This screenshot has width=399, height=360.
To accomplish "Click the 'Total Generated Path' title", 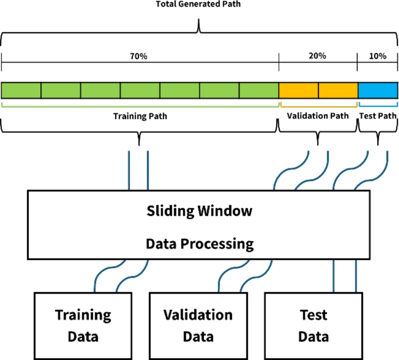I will [x=199, y=4].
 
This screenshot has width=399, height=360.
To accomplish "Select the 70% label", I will [x=139, y=56].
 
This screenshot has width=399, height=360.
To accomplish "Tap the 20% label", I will [x=318, y=56].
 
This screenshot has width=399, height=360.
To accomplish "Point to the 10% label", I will [x=378, y=56].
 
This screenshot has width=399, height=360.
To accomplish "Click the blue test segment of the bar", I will [x=378, y=90].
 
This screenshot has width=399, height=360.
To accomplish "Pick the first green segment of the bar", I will [x=21, y=90].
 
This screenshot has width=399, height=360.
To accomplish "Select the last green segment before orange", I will [x=259, y=90].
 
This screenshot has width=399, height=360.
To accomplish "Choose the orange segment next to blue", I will [x=338, y=90].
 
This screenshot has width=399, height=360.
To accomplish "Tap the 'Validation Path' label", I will [x=318, y=116].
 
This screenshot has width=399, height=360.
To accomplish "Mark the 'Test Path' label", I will [x=378, y=116].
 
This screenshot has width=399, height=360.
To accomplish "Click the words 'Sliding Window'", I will [x=199, y=211].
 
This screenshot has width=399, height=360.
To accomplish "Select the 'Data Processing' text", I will [x=199, y=244].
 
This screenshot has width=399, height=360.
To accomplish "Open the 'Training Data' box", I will [x=83, y=325].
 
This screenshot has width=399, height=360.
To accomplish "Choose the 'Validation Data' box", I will [x=198, y=325].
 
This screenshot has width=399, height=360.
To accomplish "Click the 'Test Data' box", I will [x=313, y=325].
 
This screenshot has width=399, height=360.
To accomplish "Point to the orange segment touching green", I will [x=298, y=90].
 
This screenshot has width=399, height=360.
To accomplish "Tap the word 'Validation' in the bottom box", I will [x=198, y=315].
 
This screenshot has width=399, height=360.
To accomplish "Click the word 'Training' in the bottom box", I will [x=83, y=315].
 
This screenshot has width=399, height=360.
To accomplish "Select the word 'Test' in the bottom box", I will [x=313, y=315].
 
